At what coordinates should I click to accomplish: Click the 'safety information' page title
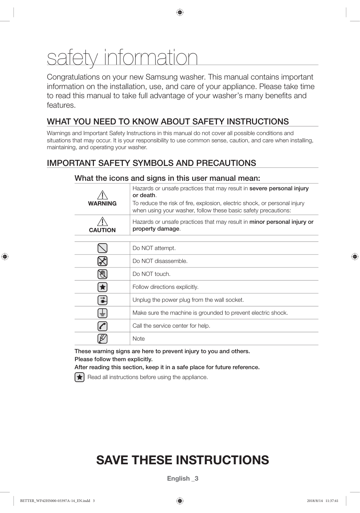122,58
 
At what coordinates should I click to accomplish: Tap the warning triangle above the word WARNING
102,195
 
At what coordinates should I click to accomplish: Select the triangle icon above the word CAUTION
102,221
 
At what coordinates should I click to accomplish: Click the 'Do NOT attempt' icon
102,248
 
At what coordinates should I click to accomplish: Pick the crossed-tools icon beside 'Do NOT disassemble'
102,261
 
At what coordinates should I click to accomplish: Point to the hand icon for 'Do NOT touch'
102,274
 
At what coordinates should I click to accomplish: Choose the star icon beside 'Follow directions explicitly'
102,287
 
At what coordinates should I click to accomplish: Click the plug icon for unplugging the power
102,300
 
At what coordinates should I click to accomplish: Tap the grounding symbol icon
102,313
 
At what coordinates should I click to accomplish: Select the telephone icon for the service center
102,326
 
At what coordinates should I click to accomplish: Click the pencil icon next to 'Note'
102,339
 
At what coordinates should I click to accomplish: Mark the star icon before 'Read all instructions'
80,377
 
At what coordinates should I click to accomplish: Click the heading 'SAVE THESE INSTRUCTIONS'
183,460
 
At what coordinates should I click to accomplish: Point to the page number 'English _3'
183,478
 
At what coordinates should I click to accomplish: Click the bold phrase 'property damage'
156,229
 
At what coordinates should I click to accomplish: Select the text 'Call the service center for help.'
171,326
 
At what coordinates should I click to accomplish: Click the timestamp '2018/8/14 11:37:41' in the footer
322,501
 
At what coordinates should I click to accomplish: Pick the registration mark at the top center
180,13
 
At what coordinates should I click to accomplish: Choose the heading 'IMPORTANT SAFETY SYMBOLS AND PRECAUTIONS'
151,163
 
